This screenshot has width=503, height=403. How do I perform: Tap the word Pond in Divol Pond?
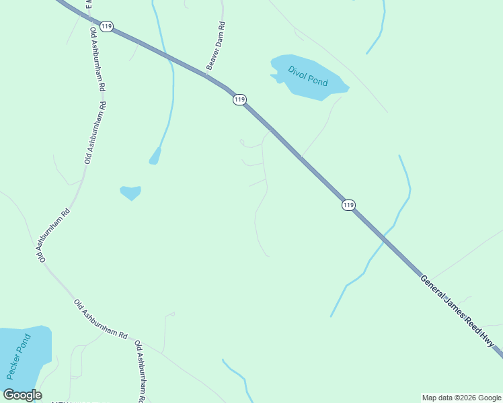(317, 82)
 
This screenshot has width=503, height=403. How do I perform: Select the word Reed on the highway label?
(471, 325)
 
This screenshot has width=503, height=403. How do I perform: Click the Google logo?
(22, 395)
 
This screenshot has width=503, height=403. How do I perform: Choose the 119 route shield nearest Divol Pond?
(240, 99)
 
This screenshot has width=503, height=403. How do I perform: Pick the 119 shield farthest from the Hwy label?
(106, 26)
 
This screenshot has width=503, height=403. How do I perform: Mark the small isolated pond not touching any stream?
(130, 193)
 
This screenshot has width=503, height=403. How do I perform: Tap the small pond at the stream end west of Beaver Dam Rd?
(155, 156)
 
